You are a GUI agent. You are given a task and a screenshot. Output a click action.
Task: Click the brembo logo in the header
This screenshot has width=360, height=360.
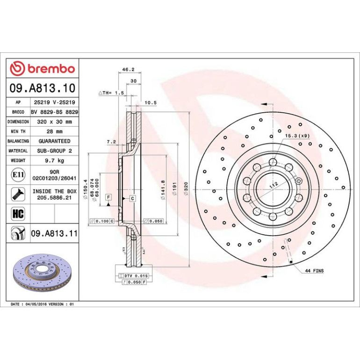pos(43,68)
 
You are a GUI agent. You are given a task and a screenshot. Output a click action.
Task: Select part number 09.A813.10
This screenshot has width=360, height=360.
pos(43,88)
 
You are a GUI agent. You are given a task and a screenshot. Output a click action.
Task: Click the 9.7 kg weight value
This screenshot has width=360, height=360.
pos(54,160)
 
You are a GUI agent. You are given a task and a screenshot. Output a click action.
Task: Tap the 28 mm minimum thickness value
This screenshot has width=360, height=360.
pos(54,131)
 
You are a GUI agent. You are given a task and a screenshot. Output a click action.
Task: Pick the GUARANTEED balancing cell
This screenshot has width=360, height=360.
pos(54,141)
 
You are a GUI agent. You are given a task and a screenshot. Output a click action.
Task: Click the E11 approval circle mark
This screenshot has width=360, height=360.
pos(18,175)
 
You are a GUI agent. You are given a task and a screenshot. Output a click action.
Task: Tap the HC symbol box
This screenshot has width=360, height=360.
pos(18,214)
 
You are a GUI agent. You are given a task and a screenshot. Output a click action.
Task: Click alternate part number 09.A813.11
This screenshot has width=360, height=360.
pos(54,233)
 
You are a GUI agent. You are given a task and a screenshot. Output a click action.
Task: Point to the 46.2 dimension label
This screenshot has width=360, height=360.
pos(129,69)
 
